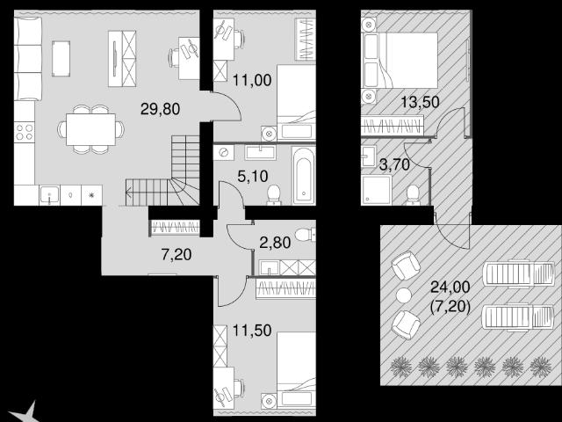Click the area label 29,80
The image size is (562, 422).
coord(160,109)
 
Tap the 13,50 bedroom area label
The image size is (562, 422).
coord(420,102)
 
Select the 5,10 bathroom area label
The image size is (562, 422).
coord(253,177)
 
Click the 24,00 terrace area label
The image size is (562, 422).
coord(450,287)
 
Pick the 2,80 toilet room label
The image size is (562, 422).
coord(275,243)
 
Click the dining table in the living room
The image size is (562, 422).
coord(90,129)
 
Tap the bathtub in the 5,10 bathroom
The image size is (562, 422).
coord(303,176)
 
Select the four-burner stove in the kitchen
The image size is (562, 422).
coord(25,132)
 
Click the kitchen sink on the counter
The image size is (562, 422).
coord(49,195)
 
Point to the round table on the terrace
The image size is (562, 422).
coord(404,295)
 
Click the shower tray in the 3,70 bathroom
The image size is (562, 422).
coord(376,190)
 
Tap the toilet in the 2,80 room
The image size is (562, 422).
coord(306,235)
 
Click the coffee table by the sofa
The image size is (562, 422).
coord(61,59)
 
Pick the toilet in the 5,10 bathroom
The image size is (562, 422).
coord(274,195)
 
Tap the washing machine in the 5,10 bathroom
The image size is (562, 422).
coord(224,152)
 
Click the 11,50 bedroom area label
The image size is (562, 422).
coord(252,331)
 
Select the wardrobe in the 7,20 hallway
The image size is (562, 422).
coord(175,227)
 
